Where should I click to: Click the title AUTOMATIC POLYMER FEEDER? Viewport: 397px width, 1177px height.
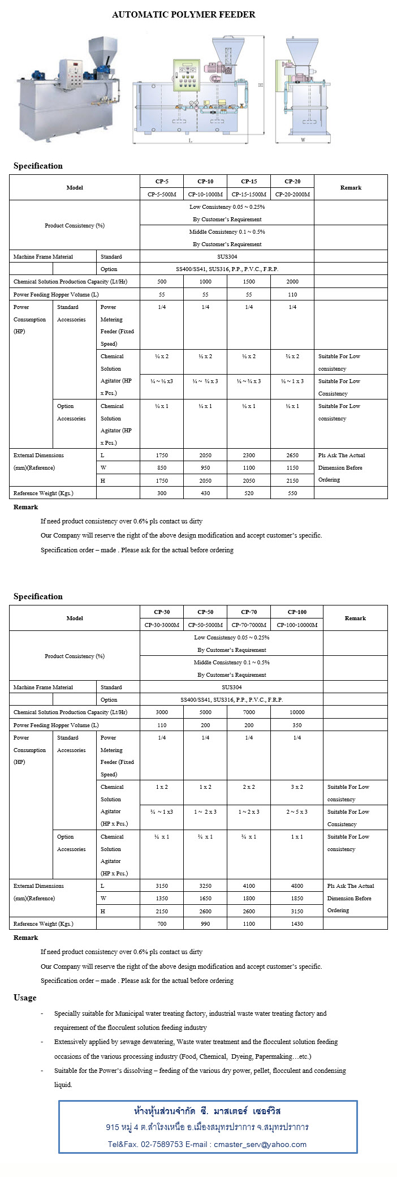click(183, 14)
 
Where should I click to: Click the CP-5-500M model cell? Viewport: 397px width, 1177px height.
click(162, 194)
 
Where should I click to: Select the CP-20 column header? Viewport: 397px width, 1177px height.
click(292, 182)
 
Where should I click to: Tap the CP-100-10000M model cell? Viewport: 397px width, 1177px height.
click(297, 625)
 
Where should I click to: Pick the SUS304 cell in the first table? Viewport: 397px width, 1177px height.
click(227, 257)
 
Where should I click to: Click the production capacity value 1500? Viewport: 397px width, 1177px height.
click(249, 282)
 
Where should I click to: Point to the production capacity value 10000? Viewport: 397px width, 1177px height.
click(297, 712)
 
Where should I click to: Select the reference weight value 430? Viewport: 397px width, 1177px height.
click(205, 493)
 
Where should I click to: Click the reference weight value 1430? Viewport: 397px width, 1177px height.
click(297, 924)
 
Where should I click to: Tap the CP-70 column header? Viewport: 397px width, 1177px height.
click(249, 612)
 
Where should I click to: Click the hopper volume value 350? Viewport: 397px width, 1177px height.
click(297, 725)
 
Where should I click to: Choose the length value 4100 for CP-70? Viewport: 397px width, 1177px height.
click(249, 886)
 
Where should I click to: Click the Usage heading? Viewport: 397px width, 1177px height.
click(25, 998)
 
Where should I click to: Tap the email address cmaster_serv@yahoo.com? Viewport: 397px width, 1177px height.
click(260, 1144)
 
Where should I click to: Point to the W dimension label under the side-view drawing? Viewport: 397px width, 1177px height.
click(303, 139)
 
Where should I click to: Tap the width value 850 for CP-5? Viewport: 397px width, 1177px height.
click(162, 468)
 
